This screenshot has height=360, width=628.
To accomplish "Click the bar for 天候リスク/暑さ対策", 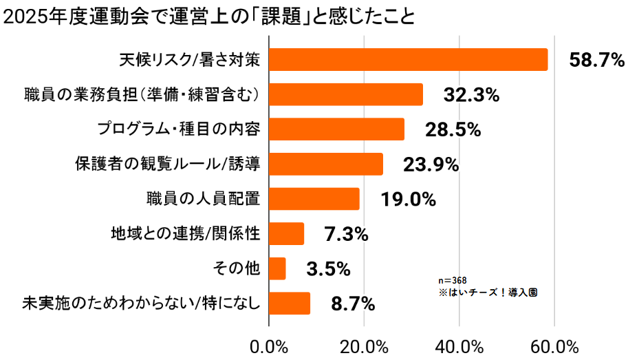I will (408, 60).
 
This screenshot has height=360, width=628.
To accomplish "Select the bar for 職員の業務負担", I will (345, 94).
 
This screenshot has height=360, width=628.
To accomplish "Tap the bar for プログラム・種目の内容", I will (336, 129).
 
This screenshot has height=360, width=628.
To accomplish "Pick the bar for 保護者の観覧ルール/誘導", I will (325, 164).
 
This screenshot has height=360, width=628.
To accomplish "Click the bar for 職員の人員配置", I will (314, 199).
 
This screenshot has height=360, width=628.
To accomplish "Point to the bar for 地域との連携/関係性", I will (286, 234).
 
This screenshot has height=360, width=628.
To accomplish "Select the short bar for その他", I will (277, 268).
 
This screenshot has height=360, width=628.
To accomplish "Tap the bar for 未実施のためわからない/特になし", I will (290, 304).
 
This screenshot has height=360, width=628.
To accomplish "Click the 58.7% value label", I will (596, 61).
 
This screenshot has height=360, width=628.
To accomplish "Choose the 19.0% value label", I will (409, 200).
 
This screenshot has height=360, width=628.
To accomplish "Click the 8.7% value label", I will (352, 304).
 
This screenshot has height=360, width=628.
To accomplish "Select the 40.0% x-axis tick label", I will (459, 346).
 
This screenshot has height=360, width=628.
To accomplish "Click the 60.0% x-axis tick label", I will (554, 346).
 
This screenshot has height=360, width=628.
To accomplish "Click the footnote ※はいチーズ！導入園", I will (488, 292).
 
